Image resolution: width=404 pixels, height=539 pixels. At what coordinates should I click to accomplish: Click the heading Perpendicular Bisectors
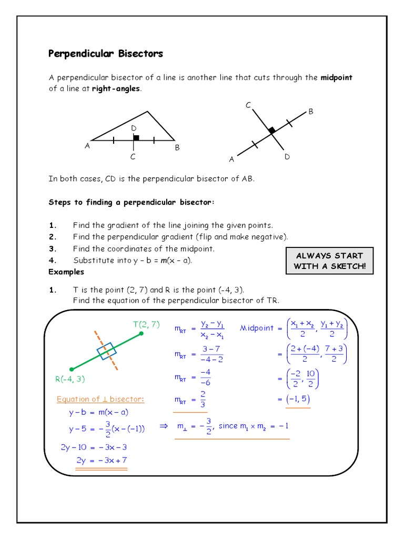106,54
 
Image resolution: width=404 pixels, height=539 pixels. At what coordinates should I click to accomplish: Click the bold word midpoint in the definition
336,77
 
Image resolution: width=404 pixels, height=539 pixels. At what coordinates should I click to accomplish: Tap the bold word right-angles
116,88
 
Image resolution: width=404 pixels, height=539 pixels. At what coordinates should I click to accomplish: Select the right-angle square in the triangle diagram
136,137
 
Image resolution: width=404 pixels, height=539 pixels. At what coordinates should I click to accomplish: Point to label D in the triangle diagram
134,128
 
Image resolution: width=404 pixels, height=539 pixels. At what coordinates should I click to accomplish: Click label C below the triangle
133,157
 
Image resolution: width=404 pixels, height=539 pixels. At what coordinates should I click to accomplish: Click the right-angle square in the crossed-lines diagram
271,129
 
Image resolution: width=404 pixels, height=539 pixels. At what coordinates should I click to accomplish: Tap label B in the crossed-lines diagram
311,112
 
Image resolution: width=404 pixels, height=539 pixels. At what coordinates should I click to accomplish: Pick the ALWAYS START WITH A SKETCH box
329,261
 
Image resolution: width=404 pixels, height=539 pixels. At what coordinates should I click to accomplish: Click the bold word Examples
66,272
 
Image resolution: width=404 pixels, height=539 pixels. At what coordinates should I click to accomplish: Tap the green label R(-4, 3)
70,379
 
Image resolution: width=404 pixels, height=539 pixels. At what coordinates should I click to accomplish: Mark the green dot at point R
72,370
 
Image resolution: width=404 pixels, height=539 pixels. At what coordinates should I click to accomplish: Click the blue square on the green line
106,352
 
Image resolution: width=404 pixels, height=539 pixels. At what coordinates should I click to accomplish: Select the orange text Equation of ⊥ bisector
100,399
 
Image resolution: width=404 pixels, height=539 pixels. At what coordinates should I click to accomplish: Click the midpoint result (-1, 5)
298,400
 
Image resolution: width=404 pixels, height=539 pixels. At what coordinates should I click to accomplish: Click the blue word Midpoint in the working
257,328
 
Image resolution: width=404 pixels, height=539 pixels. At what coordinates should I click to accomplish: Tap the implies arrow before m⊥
163,426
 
